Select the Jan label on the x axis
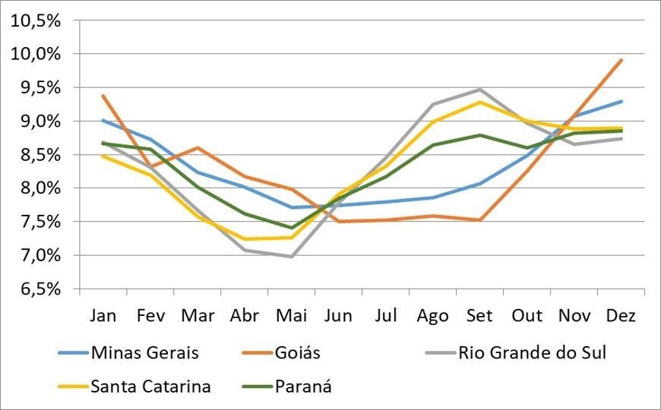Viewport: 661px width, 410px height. [103, 314]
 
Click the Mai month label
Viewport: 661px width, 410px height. [291, 314]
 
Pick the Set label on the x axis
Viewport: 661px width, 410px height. [480, 314]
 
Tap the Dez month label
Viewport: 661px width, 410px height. [621, 314]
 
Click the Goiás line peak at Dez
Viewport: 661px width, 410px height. [621, 60]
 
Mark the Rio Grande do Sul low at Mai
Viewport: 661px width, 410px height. [291, 256]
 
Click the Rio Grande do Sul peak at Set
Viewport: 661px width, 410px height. [480, 90]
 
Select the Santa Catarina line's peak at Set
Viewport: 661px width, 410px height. [480, 102]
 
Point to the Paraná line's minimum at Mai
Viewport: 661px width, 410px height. [291, 228]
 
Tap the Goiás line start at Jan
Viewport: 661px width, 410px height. [103, 96]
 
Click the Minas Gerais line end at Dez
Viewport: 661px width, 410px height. [621, 101]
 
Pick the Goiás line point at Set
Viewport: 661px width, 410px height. [480, 220]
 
